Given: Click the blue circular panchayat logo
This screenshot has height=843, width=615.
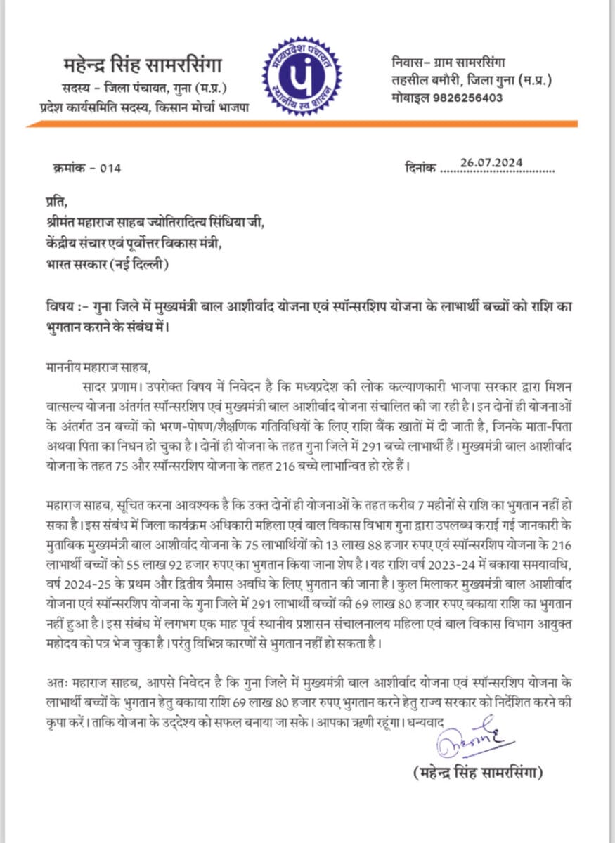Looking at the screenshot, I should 302,76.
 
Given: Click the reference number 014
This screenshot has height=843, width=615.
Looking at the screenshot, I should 110,168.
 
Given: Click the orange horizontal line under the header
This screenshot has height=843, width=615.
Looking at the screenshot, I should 302,124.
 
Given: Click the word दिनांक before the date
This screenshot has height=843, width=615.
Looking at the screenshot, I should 420,169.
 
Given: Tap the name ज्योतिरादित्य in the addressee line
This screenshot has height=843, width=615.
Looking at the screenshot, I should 186,223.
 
